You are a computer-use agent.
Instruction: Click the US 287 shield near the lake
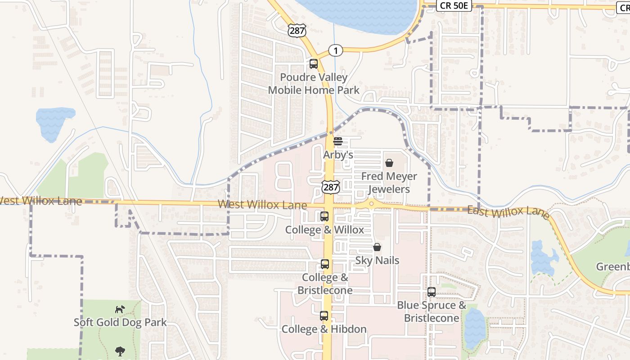point(297,30)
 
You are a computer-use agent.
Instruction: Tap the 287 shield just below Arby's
point(331,187)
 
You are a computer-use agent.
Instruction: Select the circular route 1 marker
point(335,50)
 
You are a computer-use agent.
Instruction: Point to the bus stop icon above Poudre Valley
point(314,64)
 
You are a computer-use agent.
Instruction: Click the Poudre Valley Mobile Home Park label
point(314,84)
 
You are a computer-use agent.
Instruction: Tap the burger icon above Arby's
point(338,141)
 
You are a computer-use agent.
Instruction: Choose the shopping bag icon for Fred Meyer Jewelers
point(389,163)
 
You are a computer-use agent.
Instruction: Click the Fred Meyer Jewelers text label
point(389,183)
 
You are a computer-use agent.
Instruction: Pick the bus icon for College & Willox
point(324,216)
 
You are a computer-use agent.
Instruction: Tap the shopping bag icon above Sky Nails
point(377,247)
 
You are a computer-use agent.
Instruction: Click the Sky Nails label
point(377,260)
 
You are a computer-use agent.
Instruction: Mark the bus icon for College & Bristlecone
point(325,264)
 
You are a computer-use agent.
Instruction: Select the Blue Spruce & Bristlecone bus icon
point(432,292)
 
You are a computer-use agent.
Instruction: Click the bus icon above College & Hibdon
point(324,316)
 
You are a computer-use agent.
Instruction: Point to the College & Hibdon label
point(324,329)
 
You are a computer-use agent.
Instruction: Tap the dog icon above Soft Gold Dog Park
point(120,309)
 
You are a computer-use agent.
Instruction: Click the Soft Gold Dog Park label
point(120,323)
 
